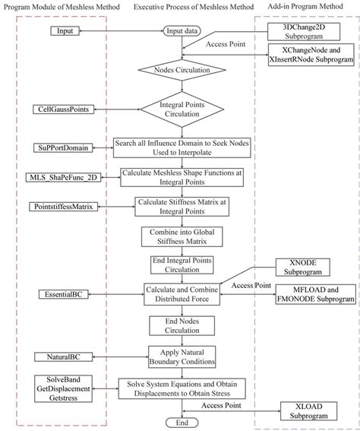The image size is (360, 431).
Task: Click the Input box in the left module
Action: click(x=64, y=31)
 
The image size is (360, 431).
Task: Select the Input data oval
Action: click(x=182, y=31)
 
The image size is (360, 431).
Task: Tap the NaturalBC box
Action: click(x=58, y=356)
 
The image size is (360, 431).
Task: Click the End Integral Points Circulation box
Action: click(x=182, y=265)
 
